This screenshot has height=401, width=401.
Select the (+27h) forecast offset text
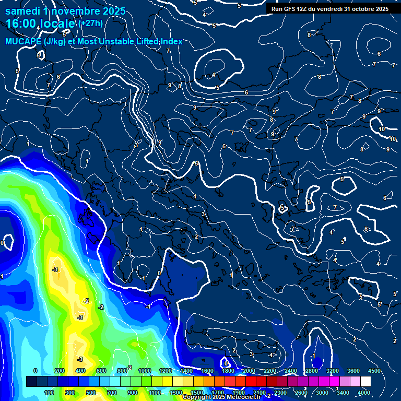click(x=90, y=23)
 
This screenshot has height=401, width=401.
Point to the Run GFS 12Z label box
click(x=329, y=8)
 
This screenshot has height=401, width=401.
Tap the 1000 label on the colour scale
click(x=145, y=371)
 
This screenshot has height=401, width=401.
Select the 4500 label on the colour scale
click(x=374, y=371)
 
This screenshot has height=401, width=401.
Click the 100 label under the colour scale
click(x=49, y=393)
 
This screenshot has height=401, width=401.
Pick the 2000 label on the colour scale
click(x=249, y=371)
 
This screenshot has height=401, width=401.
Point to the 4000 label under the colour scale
click(x=364, y=393)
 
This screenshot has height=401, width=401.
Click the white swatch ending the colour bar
click(x=365, y=382)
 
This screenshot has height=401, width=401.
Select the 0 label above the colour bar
click(x=36, y=371)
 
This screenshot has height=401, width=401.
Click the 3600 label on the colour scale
click(x=353, y=371)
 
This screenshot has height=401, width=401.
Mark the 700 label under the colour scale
click(x=112, y=393)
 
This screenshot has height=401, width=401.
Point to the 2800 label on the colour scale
click(x=312, y=371)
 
